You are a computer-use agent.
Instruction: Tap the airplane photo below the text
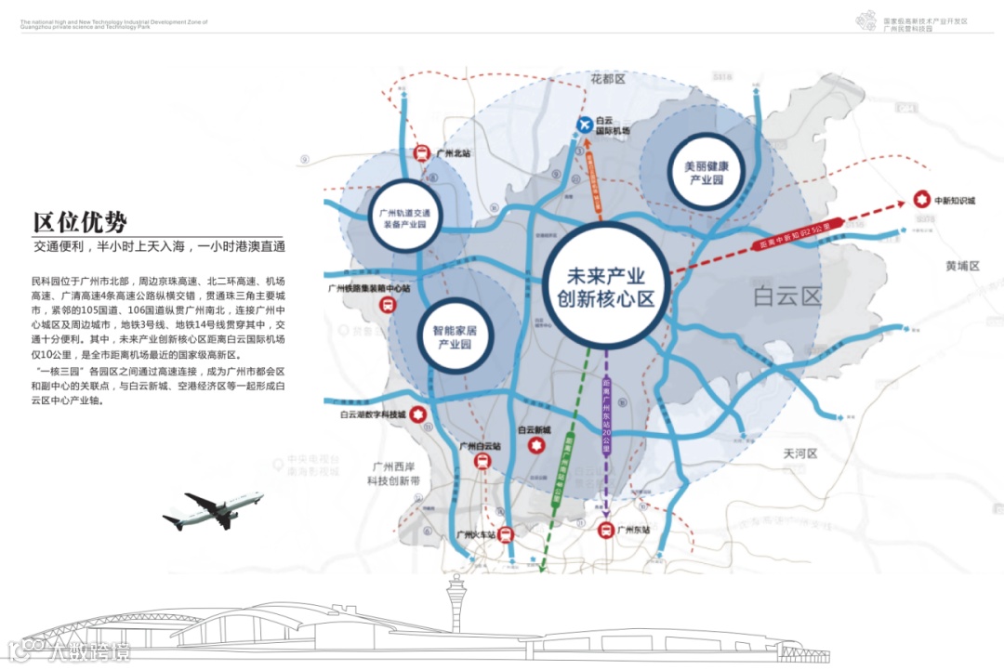[213, 509]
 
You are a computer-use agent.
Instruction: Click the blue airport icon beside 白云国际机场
[585, 125]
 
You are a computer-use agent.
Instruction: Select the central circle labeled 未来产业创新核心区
[606, 287]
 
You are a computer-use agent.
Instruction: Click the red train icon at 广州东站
[604, 531]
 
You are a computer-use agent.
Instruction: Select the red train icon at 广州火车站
[505, 534]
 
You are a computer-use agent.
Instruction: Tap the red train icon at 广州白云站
[482, 462]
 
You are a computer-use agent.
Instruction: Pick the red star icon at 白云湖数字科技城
[418, 414]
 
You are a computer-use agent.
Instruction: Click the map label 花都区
[609, 80]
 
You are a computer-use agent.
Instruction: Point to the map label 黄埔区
[962, 266]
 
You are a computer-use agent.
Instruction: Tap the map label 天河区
[799, 454]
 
